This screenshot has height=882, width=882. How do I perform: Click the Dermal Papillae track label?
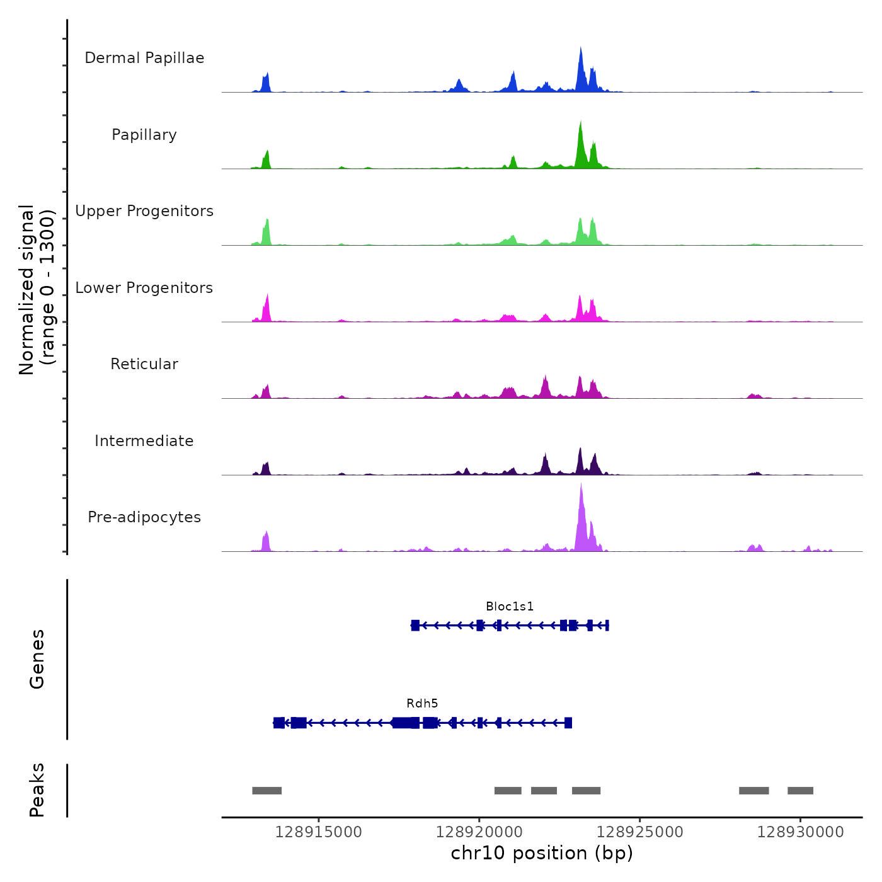click(144, 58)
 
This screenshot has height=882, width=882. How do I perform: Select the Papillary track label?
click(144, 135)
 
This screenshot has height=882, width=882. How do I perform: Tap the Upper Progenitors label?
click(144, 211)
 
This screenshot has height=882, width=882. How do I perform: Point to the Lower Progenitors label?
click(144, 288)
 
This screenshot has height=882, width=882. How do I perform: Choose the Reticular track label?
click(144, 364)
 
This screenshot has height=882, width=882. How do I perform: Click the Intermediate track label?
click(144, 441)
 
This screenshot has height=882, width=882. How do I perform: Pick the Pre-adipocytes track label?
click(144, 517)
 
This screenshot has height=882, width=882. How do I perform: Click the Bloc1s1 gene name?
click(510, 607)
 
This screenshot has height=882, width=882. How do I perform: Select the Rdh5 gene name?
click(422, 704)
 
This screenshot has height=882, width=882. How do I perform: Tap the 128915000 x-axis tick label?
click(318, 832)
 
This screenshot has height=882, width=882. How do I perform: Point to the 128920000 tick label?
click(479, 832)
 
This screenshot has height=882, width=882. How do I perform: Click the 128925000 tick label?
click(639, 832)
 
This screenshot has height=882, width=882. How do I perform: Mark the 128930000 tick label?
click(800, 832)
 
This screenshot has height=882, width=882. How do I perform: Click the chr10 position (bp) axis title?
click(542, 854)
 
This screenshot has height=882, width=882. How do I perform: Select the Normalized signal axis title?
click(37, 290)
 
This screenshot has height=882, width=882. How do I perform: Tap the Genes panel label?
click(37, 659)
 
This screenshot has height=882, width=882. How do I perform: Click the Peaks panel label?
click(37, 790)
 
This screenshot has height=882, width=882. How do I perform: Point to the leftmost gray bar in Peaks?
click(266, 791)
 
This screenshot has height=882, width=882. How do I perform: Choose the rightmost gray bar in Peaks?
click(800, 791)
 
